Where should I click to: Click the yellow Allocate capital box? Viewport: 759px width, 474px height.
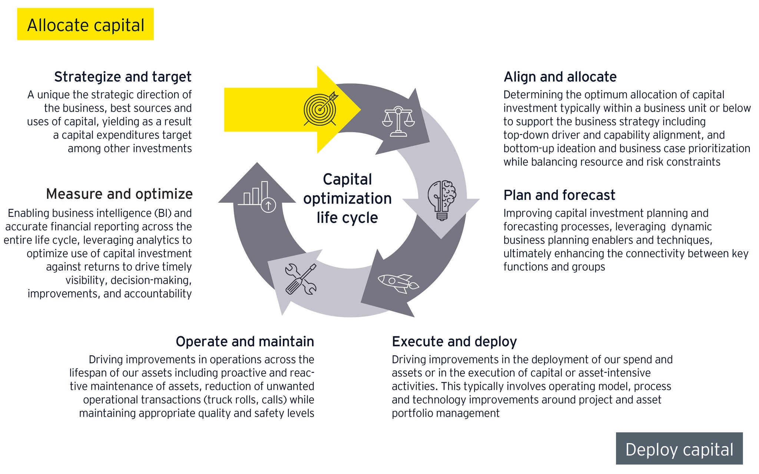pyautogui.click(x=85, y=24)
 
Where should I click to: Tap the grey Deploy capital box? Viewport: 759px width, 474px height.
pyautogui.click(x=679, y=449)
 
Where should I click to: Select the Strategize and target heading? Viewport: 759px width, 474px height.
pyautogui.click(x=123, y=77)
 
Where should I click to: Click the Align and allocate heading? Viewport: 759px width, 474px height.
pyautogui.click(x=560, y=77)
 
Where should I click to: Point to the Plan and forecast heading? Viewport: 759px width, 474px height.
pyautogui.click(x=559, y=195)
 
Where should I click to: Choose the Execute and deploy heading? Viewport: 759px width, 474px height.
pyautogui.click(x=454, y=341)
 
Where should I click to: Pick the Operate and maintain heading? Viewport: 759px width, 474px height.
pyautogui.click(x=245, y=341)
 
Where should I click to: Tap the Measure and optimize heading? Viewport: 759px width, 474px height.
pyautogui.click(x=119, y=194)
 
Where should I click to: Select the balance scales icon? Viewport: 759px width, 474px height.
pyautogui.click(x=398, y=122)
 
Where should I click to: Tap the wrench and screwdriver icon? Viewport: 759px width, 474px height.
pyautogui.click(x=301, y=279)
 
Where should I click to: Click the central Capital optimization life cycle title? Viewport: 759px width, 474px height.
pyautogui.click(x=347, y=198)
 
